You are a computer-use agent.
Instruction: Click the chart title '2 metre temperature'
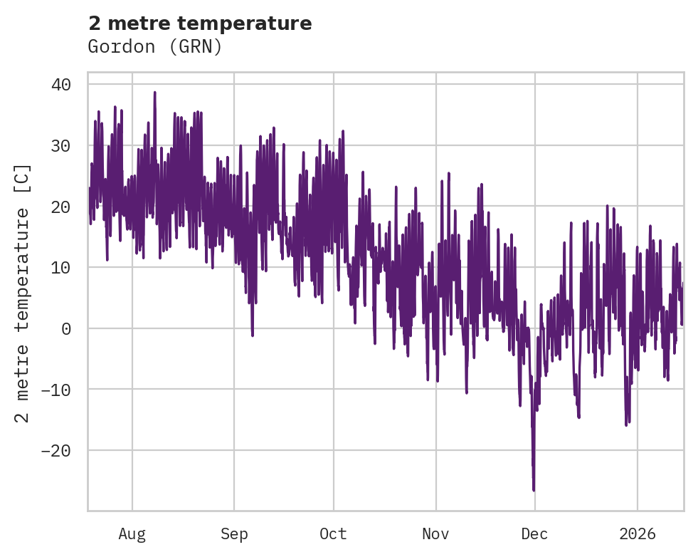200,24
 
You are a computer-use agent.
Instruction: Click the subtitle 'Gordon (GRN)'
155,47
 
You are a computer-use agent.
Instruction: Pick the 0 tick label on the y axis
65,328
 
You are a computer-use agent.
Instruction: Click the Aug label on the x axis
132,534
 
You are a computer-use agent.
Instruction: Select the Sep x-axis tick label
234,534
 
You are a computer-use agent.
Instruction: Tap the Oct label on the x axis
333,534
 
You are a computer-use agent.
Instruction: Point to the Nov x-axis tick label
435,534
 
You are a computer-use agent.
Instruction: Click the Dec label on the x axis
534,534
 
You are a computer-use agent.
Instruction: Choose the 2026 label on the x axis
637,534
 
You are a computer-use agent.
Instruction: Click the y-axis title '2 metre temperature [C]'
23,293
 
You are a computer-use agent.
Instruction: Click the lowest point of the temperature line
534,490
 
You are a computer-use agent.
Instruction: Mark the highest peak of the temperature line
154,92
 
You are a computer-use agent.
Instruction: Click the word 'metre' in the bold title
136,24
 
